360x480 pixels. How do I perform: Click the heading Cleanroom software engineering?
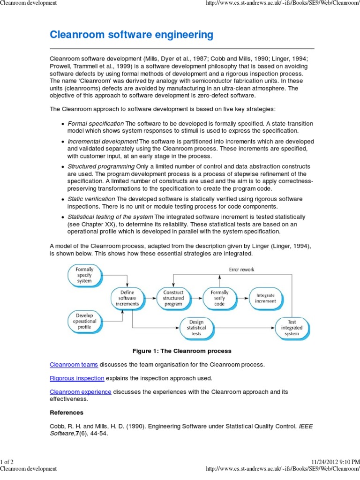[131, 35]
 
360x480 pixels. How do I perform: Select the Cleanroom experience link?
[81, 392]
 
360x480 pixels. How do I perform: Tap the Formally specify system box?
[84, 275]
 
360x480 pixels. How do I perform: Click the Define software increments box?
[127, 298]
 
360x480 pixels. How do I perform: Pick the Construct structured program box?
[173, 298]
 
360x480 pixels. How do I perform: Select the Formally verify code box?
[219, 298]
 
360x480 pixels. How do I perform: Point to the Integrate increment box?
[266, 298]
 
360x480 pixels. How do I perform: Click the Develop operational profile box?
[84, 321]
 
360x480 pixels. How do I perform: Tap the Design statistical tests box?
[196, 328]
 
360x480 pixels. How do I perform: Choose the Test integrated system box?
[292, 327]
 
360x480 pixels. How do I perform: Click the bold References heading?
[67, 412]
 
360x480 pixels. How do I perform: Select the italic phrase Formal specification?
[96, 123]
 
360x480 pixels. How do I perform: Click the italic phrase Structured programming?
[101, 167]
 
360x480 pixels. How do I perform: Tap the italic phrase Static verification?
[91, 199]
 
